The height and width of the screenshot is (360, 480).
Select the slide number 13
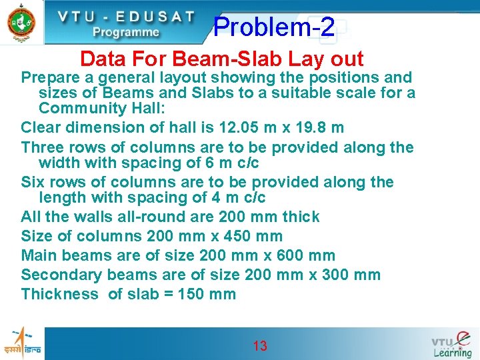tap(259, 345)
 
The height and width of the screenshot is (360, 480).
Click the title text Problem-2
tap(274, 27)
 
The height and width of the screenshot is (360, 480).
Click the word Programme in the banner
tap(125, 32)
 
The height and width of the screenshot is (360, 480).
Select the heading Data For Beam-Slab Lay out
tap(221, 59)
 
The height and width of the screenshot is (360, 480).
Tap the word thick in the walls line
tap(301, 217)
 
